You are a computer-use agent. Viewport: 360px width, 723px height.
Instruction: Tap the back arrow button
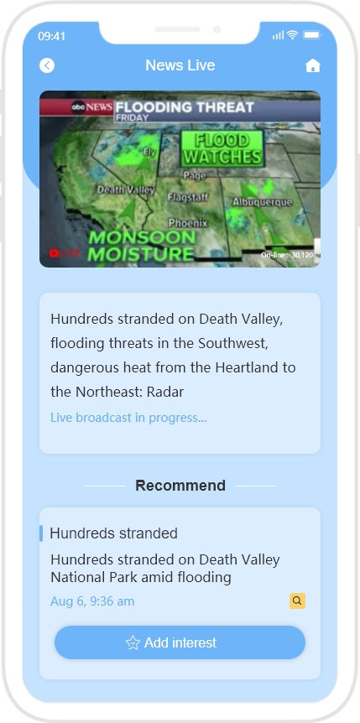point(47,65)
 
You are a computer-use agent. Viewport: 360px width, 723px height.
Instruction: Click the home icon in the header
point(312,66)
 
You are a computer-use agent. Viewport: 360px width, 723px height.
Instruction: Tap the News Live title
point(180,65)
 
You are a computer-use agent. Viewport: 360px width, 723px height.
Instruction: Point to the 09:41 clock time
point(52,36)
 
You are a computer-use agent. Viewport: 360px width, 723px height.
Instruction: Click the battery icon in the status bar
point(312,35)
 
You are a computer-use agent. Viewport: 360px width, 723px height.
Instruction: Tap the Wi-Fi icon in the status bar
point(292,34)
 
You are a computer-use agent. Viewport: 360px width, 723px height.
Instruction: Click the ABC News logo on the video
point(91,107)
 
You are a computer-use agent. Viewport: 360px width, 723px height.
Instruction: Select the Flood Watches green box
point(222,148)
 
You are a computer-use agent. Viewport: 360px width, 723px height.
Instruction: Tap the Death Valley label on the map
point(125,190)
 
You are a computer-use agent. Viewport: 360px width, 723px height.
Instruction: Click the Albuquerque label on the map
point(262,202)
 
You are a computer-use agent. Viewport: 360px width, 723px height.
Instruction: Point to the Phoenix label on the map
point(188,223)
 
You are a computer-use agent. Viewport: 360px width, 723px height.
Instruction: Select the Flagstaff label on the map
point(187,198)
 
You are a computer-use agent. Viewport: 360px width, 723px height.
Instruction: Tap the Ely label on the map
point(149,152)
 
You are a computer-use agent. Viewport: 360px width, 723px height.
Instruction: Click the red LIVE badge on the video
point(65,253)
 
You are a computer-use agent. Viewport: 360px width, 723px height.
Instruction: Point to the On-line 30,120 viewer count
point(287,254)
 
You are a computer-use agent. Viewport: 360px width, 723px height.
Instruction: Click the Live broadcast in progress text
point(128,418)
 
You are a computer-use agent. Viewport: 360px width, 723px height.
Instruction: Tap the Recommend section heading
point(180,486)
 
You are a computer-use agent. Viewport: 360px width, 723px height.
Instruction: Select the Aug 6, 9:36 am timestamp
point(92,601)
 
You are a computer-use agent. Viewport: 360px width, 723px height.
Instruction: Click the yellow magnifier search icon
point(297,601)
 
